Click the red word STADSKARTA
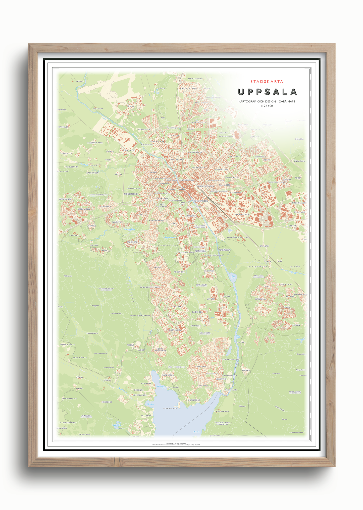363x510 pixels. (x=267, y=82)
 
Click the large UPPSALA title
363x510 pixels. (x=267, y=92)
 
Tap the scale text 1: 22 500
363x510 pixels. (x=267, y=106)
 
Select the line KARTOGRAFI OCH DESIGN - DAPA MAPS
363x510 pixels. (x=267, y=101)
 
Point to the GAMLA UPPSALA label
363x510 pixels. (x=188, y=88)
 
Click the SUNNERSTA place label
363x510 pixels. (x=200, y=366)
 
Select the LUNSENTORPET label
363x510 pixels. (x=296, y=432)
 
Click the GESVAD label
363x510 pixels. (x=80, y=81)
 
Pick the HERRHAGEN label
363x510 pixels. (x=66, y=199)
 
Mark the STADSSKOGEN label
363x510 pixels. (x=168, y=245)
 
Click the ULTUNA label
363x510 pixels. (x=211, y=299)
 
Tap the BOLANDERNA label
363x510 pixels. (x=242, y=214)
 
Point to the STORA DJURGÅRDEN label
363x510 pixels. (x=140, y=315)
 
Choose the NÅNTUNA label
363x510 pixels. (x=260, y=299)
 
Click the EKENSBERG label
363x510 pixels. (x=92, y=333)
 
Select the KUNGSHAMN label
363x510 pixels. (x=222, y=411)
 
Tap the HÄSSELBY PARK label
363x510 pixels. (x=95, y=143)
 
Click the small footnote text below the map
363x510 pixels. (x=176, y=444)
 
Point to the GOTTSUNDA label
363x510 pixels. (x=175, y=330)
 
